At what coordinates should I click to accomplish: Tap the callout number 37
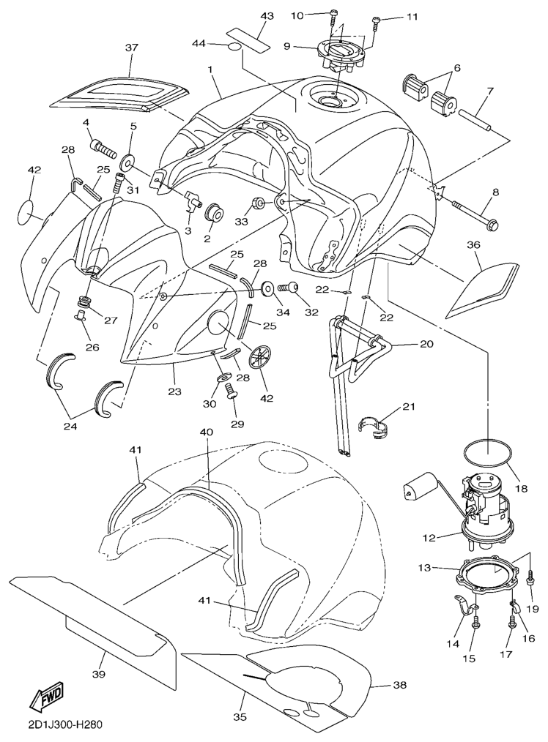[x=131, y=48]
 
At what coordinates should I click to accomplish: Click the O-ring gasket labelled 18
[x=486, y=452]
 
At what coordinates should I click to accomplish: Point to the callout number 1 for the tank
[x=210, y=71]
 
